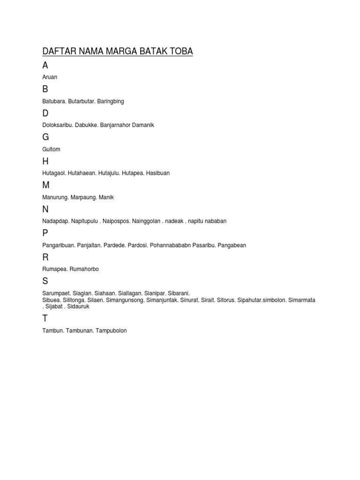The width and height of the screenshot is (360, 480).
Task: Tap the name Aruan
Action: pyautogui.click(x=50, y=77)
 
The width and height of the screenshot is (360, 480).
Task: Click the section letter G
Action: pyautogui.click(x=45, y=137)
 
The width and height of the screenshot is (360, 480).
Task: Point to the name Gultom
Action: pyautogui.click(x=51, y=149)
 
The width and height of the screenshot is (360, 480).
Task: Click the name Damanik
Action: pyautogui.click(x=142, y=125)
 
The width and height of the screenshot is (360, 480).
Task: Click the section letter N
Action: pyautogui.click(x=45, y=210)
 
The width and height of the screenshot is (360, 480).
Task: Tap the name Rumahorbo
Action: pyautogui.click(x=84, y=269)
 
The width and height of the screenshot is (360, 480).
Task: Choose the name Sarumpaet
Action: pyautogui.click(x=56, y=293)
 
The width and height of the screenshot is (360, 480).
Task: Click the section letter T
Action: pyautogui.click(x=45, y=319)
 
